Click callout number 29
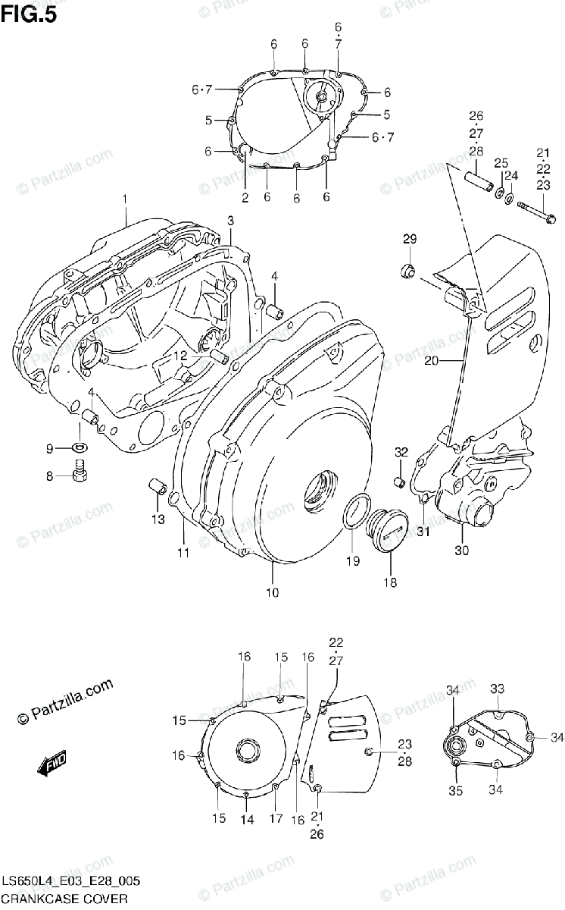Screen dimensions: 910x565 (409, 240)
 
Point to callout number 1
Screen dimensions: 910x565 (125, 199)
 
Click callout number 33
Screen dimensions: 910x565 (497, 689)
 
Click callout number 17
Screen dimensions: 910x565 (276, 819)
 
